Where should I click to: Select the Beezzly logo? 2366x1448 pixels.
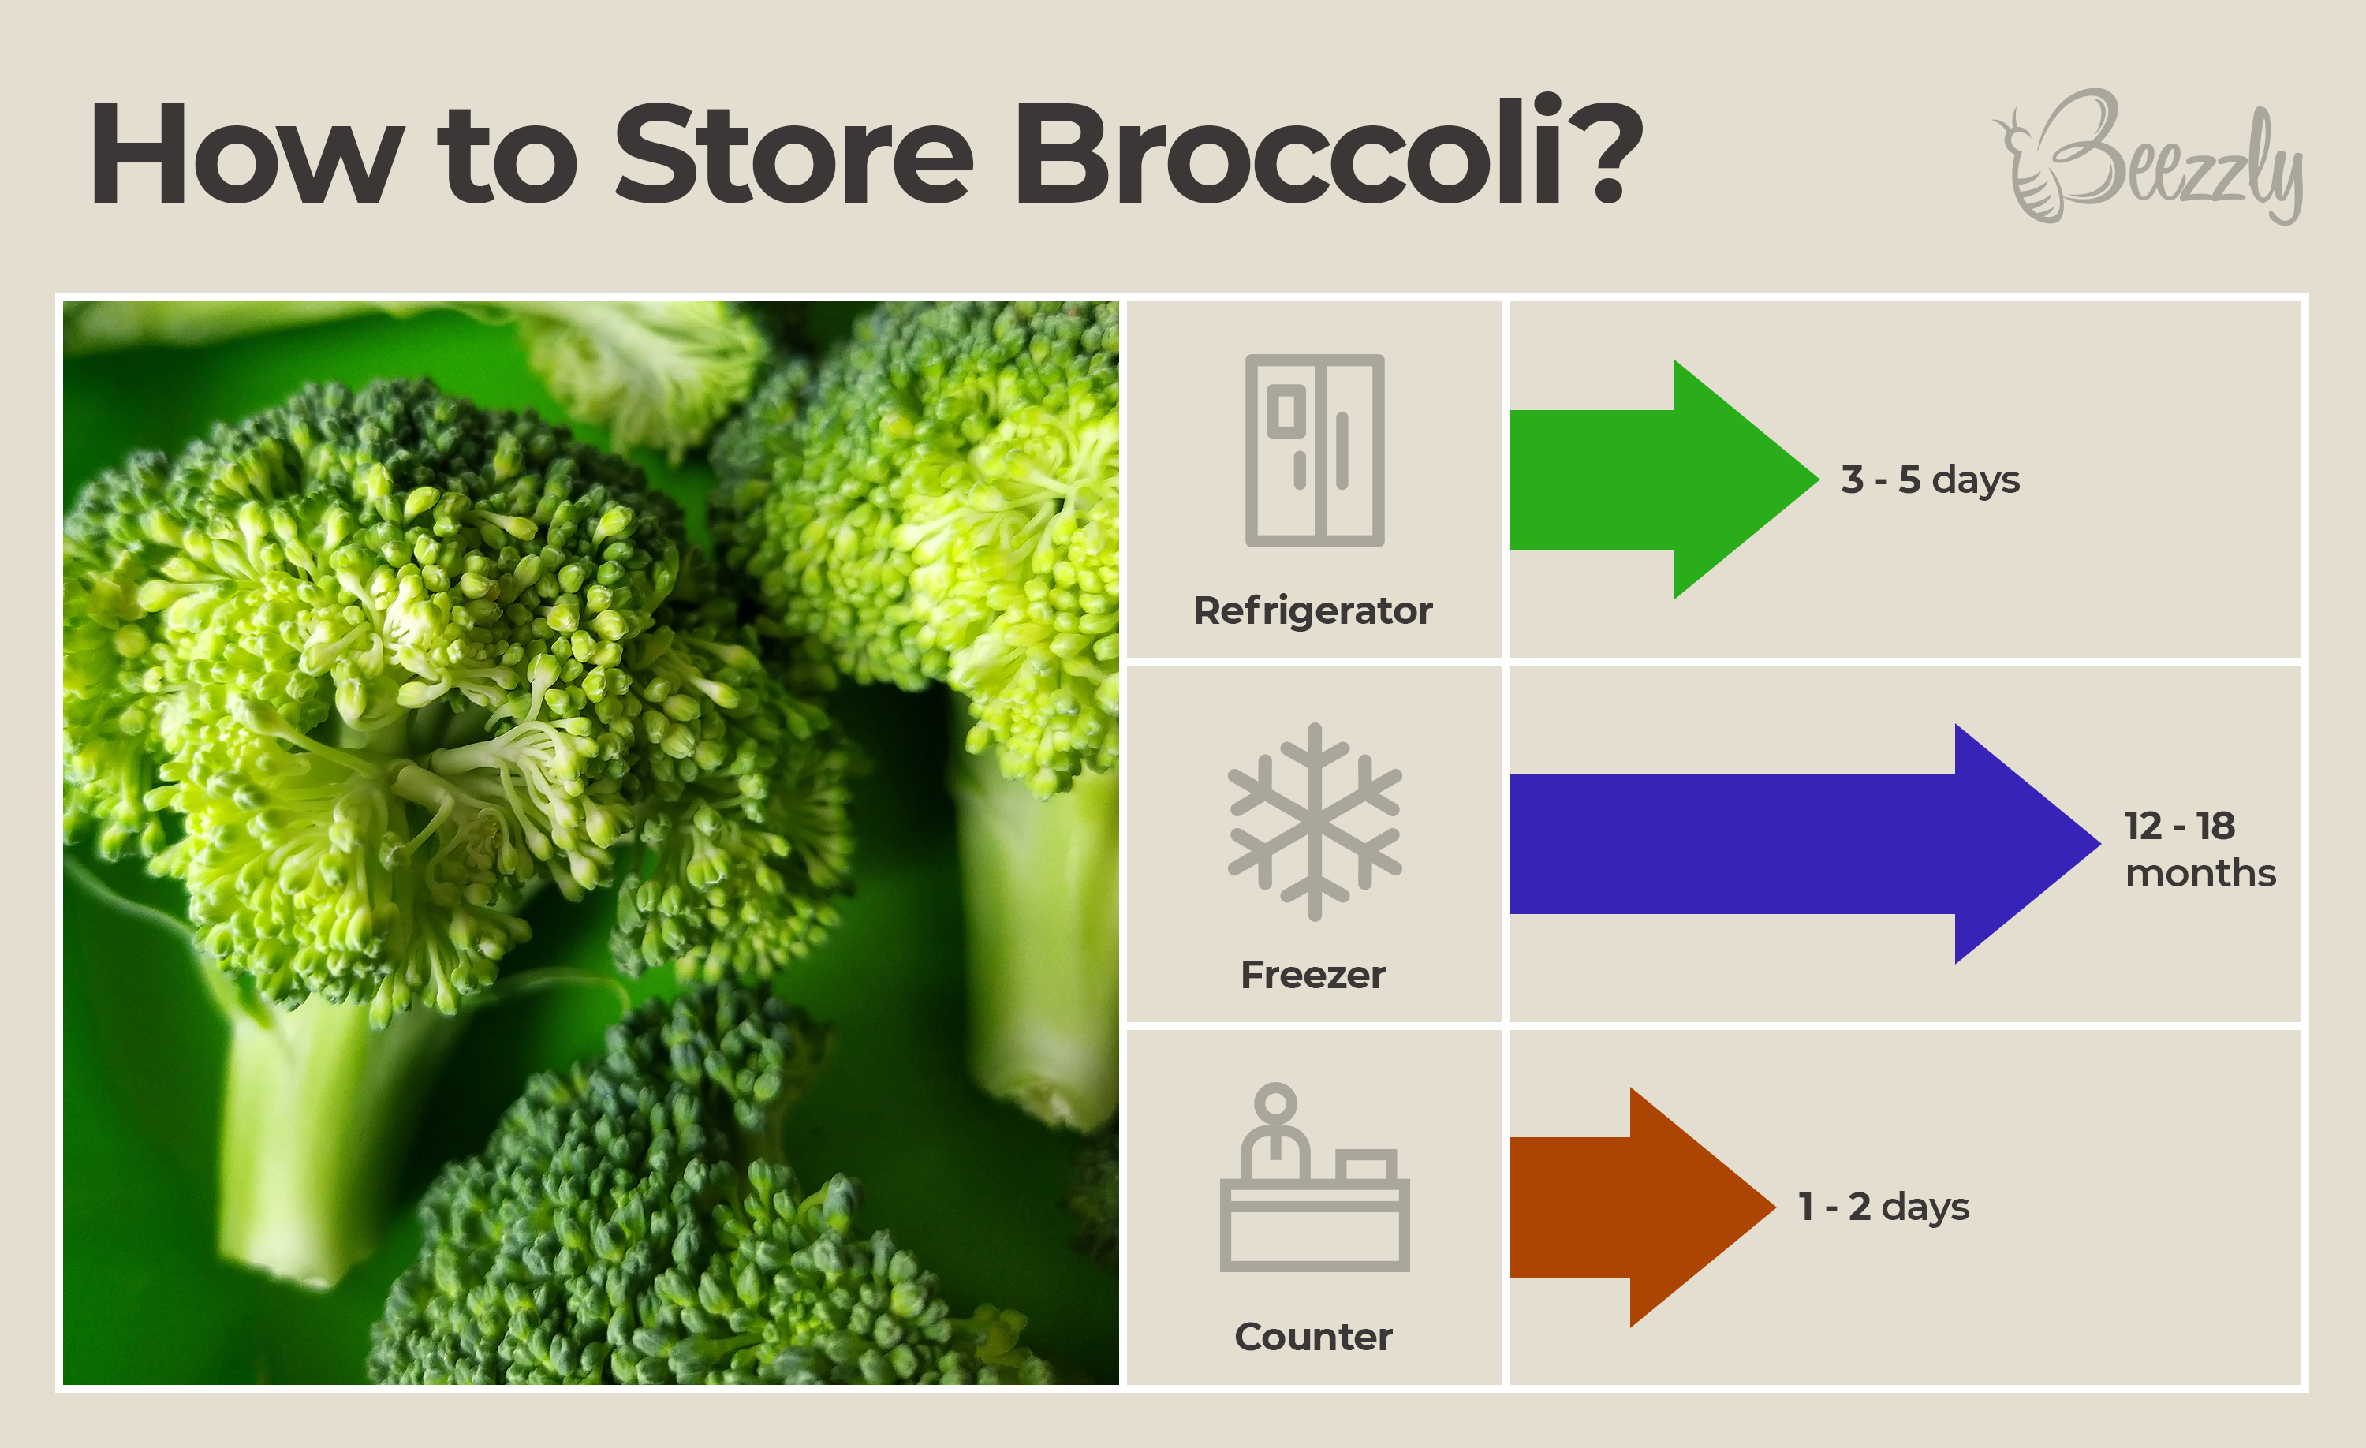click(x=2149, y=156)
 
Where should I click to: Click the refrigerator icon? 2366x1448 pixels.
click(x=1315, y=450)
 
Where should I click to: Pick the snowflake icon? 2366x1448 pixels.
click(x=1315, y=822)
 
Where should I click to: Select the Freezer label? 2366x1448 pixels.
click(x=1312, y=975)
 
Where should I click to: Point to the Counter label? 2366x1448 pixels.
click(x=1312, y=1337)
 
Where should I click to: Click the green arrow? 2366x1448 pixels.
click(x=1664, y=480)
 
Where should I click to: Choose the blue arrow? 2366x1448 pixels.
click(x=1805, y=843)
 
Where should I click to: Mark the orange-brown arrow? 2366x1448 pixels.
click(x=1643, y=1207)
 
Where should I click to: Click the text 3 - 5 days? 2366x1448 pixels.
click(x=1930, y=480)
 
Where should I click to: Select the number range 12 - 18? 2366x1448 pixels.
click(x=2180, y=826)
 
